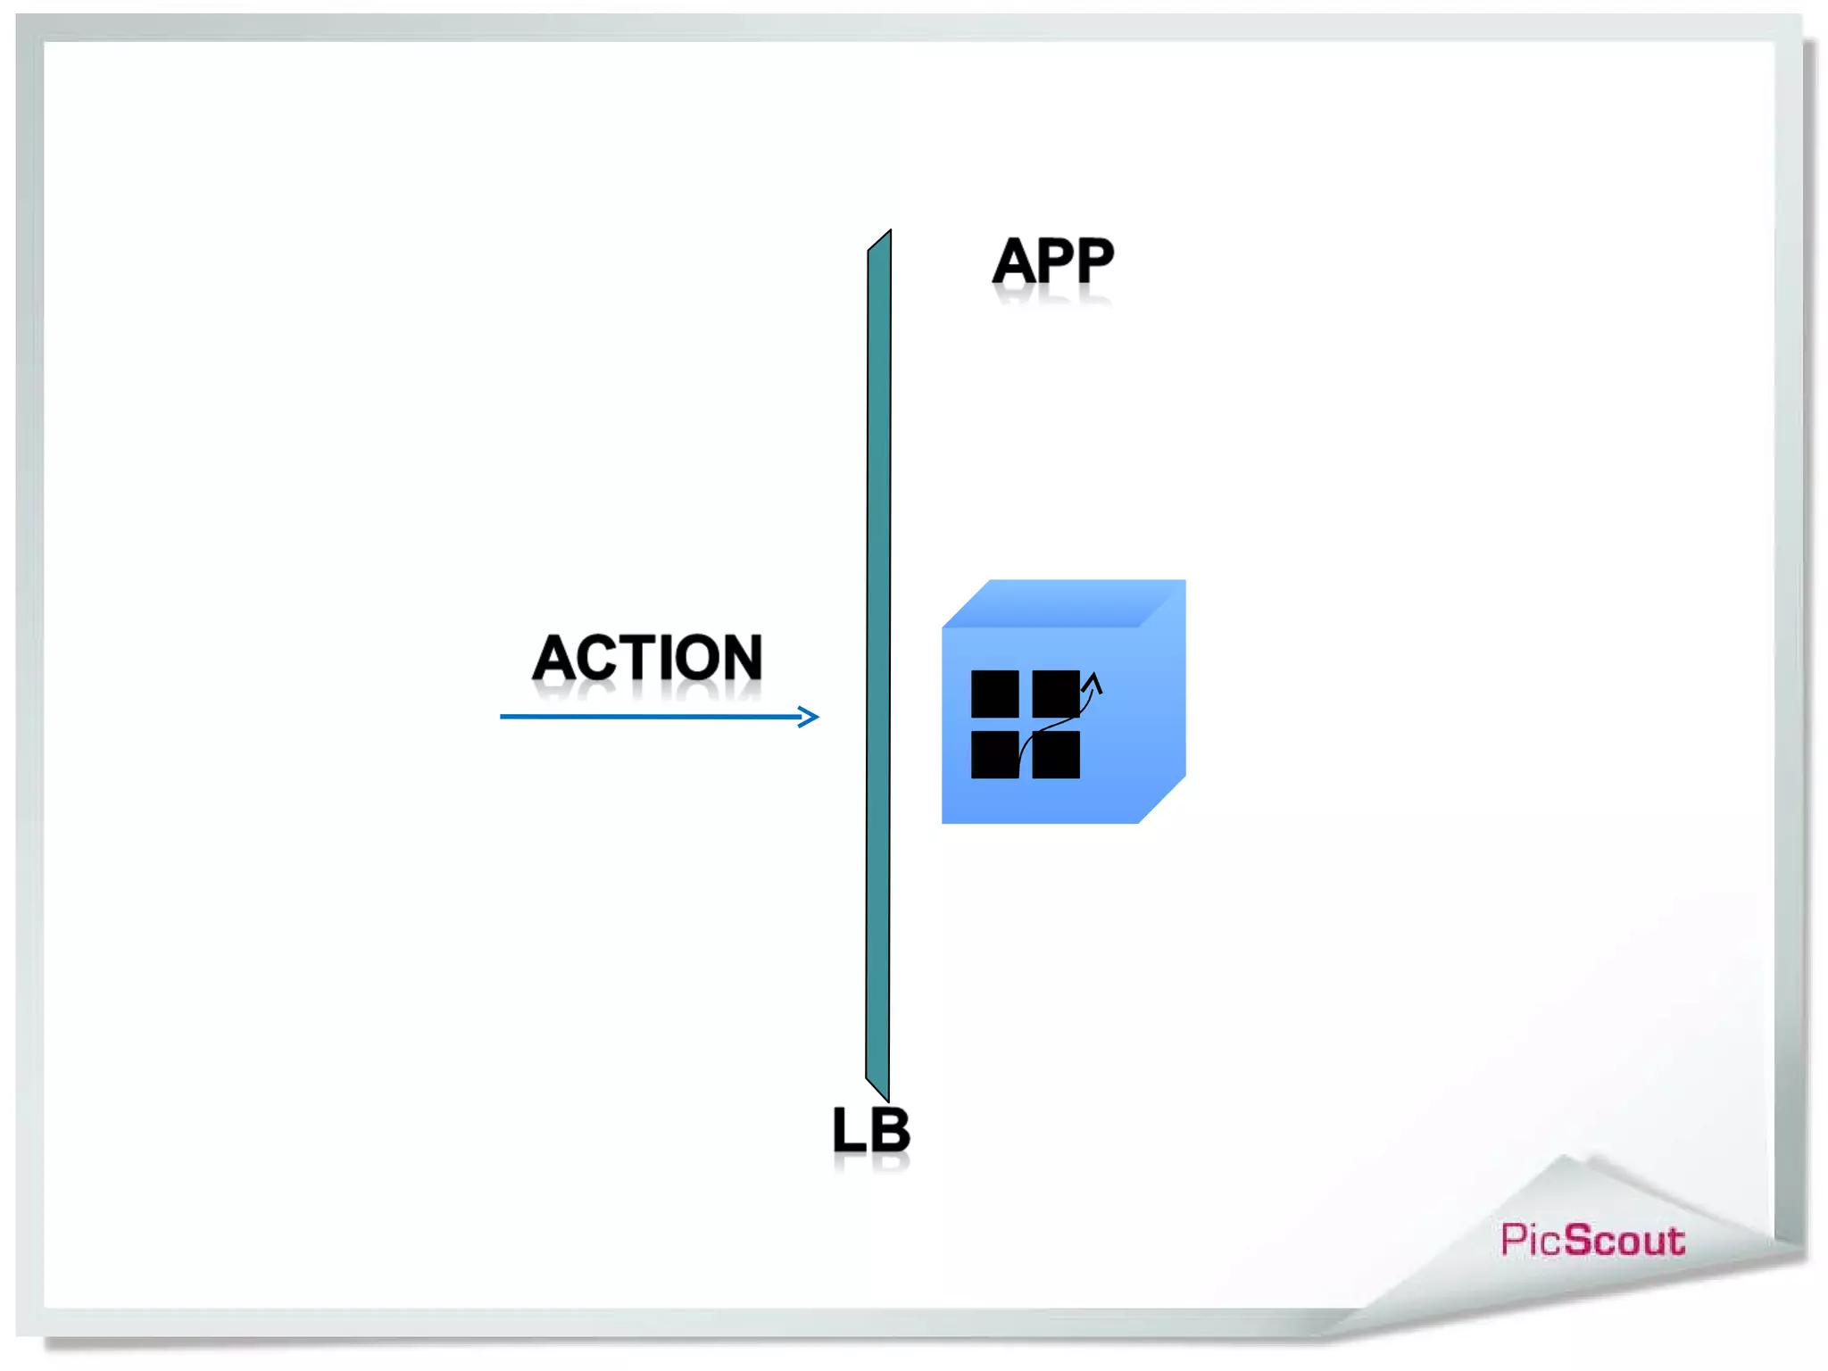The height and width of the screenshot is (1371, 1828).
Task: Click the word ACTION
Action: [x=647, y=658]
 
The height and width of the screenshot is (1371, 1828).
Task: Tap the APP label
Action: [x=1053, y=261]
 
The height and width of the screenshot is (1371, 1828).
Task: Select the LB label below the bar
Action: [x=870, y=1130]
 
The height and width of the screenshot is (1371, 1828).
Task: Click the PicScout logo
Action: [x=1592, y=1241]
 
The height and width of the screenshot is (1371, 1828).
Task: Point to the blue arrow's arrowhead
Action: [x=810, y=717]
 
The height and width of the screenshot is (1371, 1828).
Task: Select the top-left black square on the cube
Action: [x=994, y=694]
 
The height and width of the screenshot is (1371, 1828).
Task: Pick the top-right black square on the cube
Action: [x=1055, y=694]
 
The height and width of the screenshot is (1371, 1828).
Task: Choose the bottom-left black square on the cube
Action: [x=994, y=755]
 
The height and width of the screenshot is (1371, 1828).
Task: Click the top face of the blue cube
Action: [x=1062, y=603]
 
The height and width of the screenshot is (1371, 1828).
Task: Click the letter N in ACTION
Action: [x=737, y=658]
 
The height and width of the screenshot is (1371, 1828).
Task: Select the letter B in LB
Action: [x=890, y=1130]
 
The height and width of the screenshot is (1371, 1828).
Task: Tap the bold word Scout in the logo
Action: [x=1624, y=1241]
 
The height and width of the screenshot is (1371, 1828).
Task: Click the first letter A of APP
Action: [x=1015, y=261]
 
